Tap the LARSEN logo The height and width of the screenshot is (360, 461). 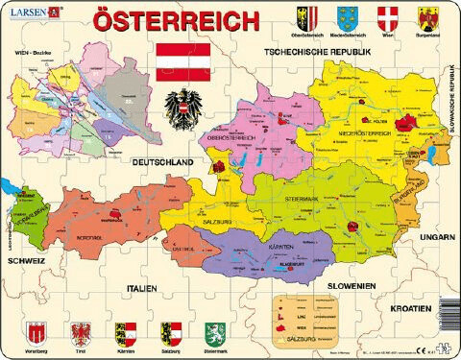click(x=29, y=11)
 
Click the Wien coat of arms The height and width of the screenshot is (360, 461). click(x=387, y=18)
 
